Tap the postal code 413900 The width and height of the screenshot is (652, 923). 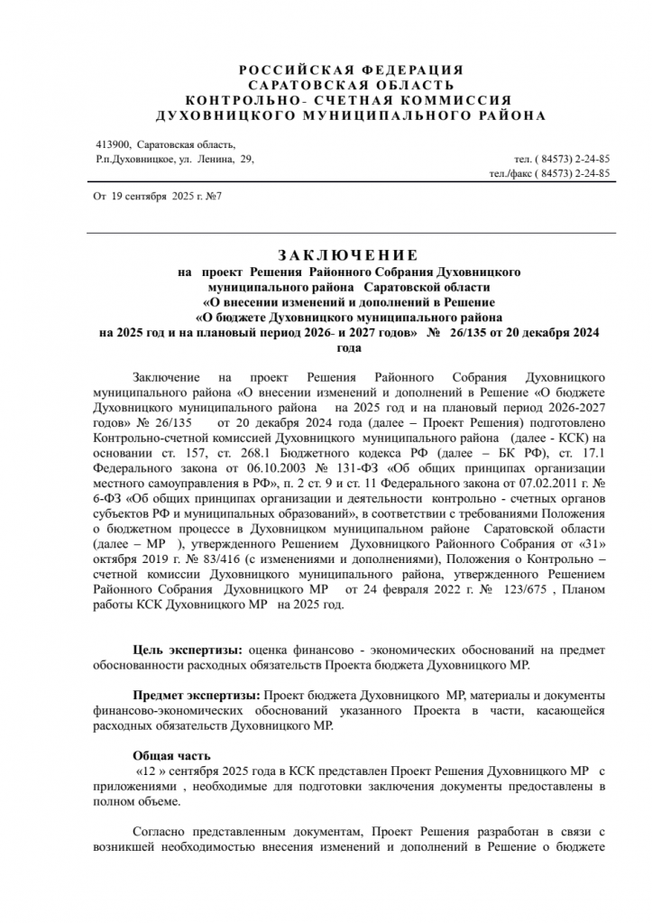click(x=113, y=144)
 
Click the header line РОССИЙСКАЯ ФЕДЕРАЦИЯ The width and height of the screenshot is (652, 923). click(x=352, y=70)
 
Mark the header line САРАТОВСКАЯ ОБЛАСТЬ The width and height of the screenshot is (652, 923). click(x=352, y=85)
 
